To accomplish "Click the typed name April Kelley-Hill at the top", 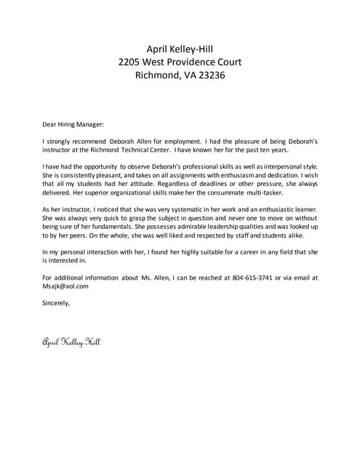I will click(180, 49).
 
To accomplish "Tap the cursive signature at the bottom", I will click(71, 341).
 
